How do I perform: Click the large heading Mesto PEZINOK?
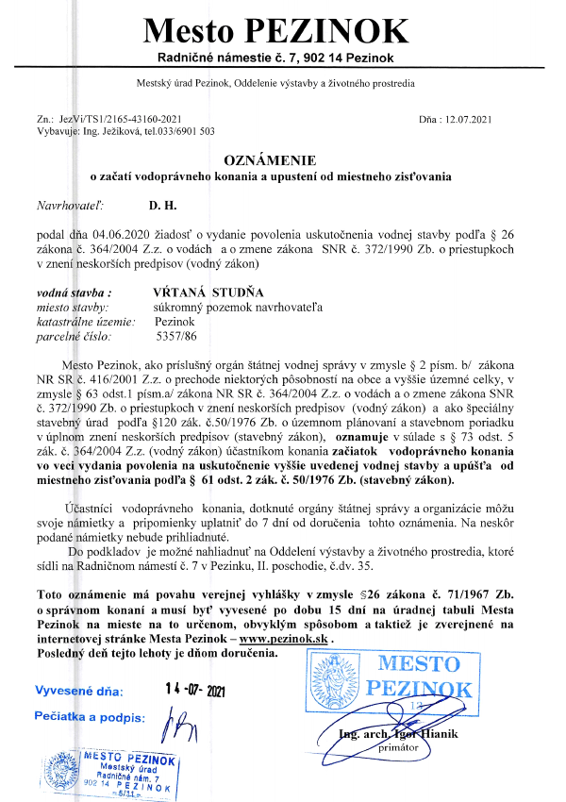point(275,32)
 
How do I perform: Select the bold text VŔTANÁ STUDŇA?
point(209,293)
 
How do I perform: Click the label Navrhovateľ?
point(70,203)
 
